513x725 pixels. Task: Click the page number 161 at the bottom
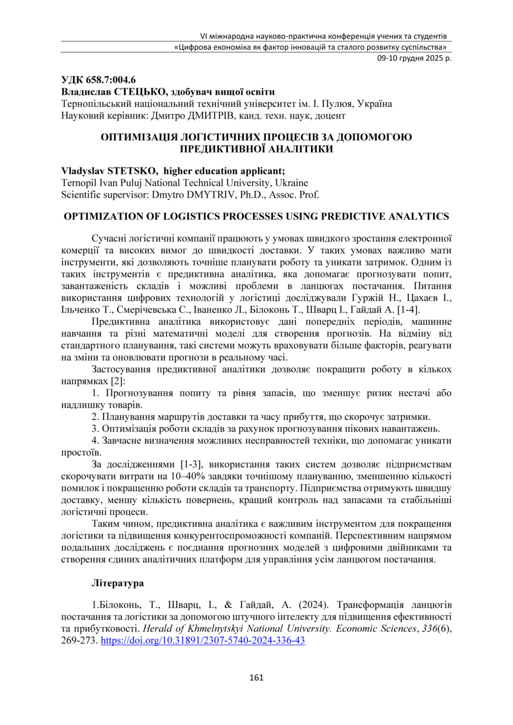(256, 678)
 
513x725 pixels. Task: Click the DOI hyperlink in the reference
(203, 641)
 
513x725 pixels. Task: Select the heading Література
(118, 584)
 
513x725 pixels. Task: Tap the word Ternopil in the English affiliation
(78, 182)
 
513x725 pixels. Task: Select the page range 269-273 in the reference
(78, 641)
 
